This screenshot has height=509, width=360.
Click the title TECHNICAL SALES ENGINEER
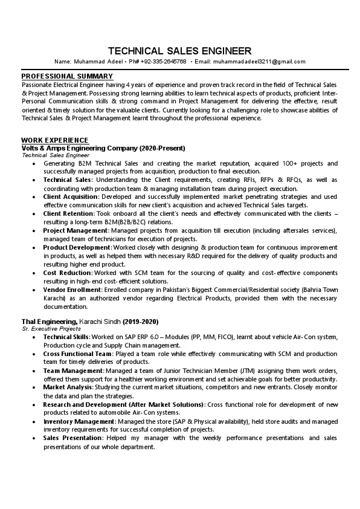[179, 50]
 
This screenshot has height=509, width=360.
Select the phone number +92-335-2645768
[162, 62]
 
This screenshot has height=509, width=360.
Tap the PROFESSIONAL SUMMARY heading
[67, 76]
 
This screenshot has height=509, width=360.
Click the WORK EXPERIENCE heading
[55, 140]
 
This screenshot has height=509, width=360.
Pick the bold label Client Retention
[68, 213]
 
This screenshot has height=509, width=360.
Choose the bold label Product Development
[77, 248]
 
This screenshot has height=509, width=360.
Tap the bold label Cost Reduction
[66, 273]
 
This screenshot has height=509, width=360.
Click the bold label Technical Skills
[66, 336]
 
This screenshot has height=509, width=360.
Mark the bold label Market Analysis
[68, 387]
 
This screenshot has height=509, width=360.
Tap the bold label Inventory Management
[79, 421]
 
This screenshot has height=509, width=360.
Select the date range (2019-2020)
[141, 320]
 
